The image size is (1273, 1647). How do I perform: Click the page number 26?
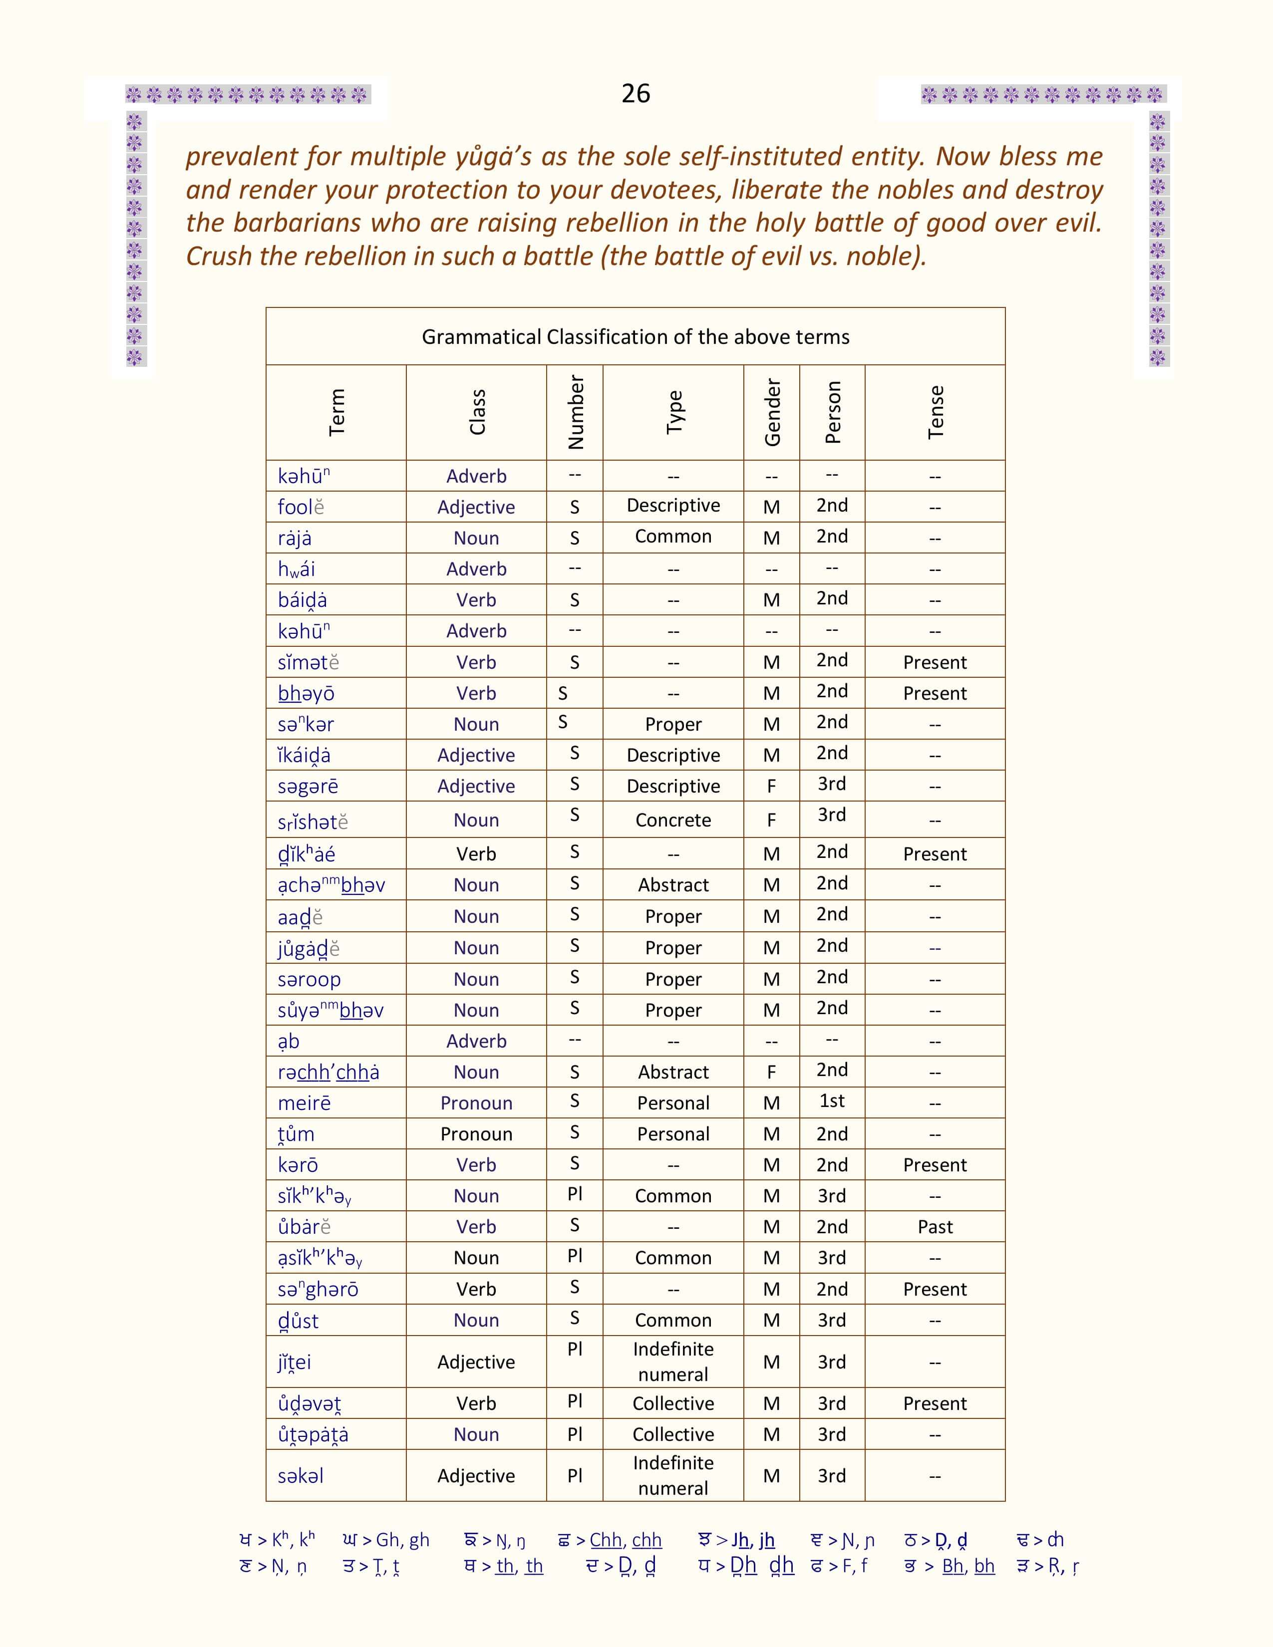click(x=636, y=93)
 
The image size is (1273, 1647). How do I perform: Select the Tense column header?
click(x=935, y=413)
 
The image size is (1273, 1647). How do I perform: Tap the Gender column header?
click(x=771, y=413)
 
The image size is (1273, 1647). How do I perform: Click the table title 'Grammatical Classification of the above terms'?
click(x=635, y=336)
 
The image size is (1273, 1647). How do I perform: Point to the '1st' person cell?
click(x=832, y=1101)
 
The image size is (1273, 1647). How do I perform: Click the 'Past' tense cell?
click(x=935, y=1227)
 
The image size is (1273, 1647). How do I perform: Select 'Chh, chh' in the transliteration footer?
click(x=625, y=1539)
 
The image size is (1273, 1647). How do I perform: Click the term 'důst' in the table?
click(x=298, y=1321)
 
